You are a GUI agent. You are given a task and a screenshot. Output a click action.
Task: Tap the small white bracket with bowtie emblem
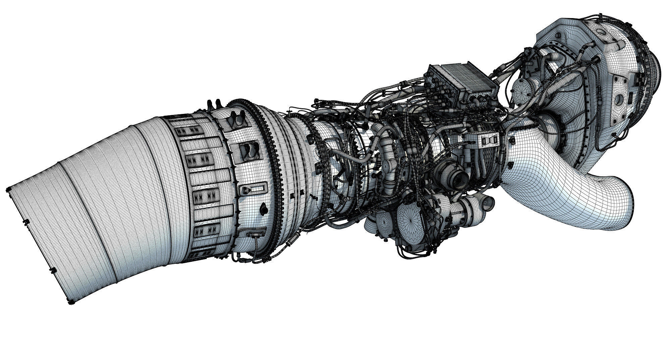[x=488, y=140]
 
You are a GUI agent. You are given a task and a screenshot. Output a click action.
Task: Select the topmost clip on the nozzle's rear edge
[x=7, y=190]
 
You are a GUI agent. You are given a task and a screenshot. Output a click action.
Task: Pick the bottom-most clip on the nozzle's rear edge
[x=71, y=303]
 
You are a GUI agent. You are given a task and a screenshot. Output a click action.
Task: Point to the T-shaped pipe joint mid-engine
[x=388, y=164]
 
